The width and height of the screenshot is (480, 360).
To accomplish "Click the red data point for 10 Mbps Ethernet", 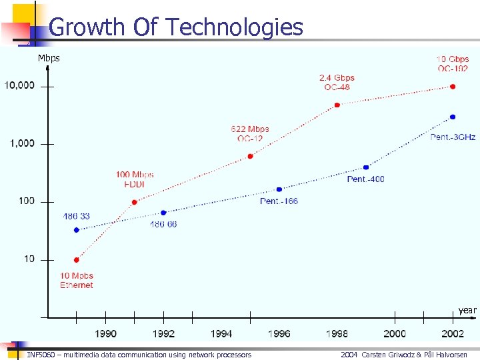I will tap(77, 260).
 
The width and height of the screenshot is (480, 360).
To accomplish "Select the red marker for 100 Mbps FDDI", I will tap(134, 202).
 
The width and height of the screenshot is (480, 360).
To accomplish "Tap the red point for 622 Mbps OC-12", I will tap(250, 156).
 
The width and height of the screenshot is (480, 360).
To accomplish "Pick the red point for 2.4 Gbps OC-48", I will tap(337, 105).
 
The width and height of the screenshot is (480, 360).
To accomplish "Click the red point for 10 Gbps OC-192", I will tap(453, 87).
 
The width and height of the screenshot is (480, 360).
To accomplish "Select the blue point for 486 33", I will tap(77, 230).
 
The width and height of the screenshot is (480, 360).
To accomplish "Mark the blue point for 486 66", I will tap(163, 213).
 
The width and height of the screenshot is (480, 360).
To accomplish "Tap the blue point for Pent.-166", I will tap(279, 189).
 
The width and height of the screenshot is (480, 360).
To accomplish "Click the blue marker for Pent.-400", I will tap(366, 167).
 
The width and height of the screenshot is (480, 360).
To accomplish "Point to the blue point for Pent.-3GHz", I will tap(453, 117).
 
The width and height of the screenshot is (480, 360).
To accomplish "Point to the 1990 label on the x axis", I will tap(105, 333).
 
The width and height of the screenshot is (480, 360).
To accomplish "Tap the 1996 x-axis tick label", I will tap(279, 333).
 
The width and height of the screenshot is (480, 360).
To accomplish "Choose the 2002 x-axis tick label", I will tap(453, 333).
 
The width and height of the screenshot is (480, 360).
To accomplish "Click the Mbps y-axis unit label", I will tap(49, 58).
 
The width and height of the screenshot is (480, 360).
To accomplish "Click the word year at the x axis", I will tap(467, 310).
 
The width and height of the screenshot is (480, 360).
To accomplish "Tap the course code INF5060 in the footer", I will tap(41, 355).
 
